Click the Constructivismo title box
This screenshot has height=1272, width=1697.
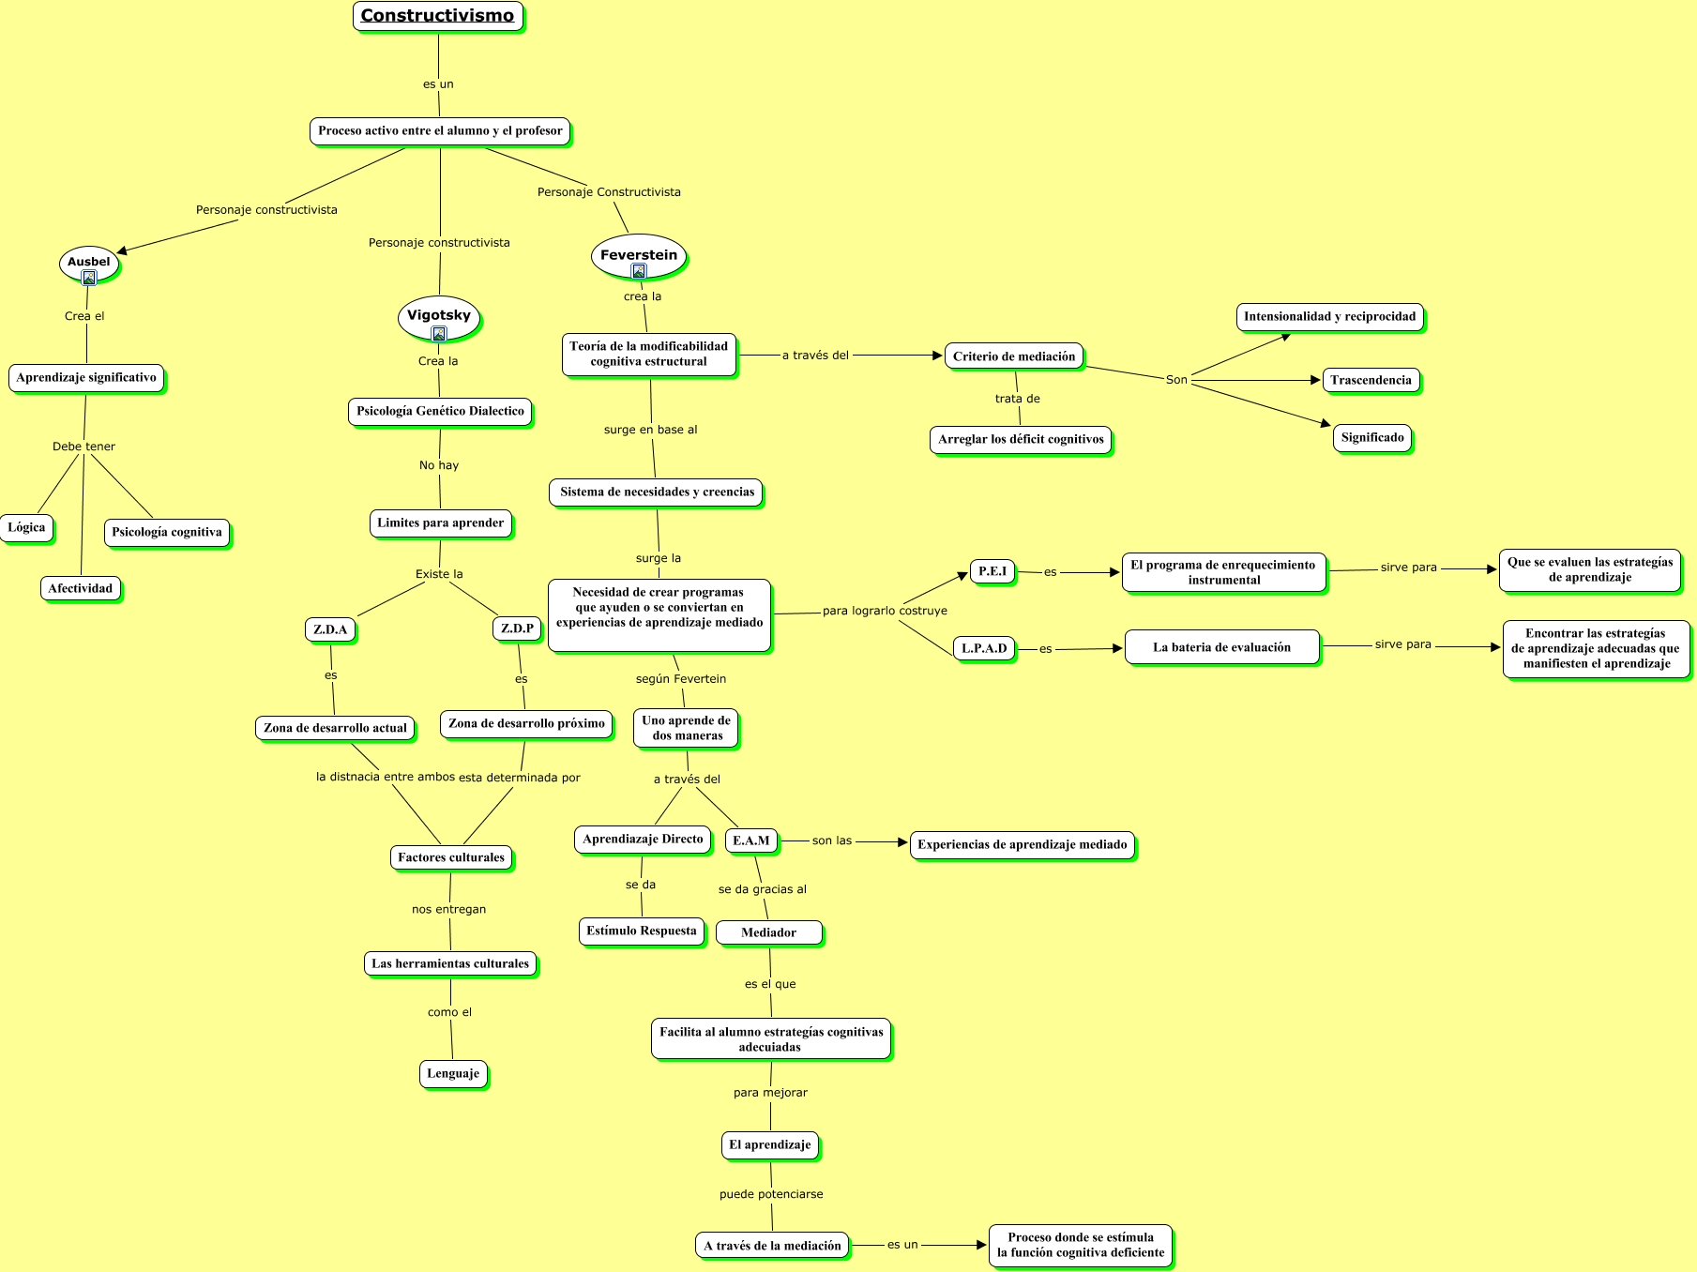tap(437, 16)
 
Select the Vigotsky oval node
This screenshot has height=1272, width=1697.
tap(439, 316)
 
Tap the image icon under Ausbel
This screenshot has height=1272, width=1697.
tap(89, 278)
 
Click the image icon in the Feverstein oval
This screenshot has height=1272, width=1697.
tap(639, 271)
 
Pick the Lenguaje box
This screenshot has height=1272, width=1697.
tap(453, 1073)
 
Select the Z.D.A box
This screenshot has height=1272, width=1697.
tap(330, 629)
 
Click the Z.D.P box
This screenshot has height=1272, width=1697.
tap(517, 628)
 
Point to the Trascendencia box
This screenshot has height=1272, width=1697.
tap(1371, 380)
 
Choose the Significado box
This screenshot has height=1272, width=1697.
tap(1372, 437)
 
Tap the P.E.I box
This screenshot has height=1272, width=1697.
tap(992, 571)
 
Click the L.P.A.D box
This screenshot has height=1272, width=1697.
tap(984, 648)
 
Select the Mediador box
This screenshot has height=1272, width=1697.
tap(768, 932)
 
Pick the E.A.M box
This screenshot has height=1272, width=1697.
tap(751, 840)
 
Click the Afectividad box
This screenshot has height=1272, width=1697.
tap(81, 588)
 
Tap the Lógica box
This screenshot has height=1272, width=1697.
tap(26, 527)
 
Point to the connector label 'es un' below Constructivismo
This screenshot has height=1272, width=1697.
tap(438, 84)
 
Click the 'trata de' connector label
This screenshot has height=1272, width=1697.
tap(1018, 399)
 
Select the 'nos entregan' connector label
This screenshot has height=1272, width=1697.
tap(449, 909)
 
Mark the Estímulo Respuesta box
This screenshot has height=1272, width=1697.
tap(642, 931)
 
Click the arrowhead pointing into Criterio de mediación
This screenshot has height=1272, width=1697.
tap(937, 356)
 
